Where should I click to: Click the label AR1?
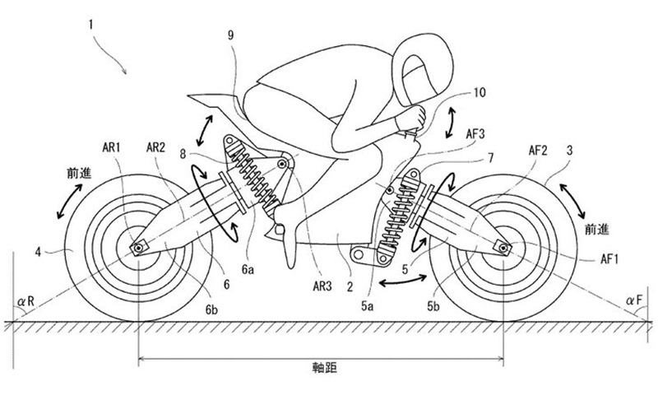point(111,147)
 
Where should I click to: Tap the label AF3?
point(475,134)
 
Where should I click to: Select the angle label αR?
point(26,300)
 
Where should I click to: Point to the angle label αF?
point(633,300)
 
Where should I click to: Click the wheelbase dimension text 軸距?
point(325,368)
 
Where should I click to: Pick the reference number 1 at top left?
point(90,25)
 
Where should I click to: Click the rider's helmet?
point(423,71)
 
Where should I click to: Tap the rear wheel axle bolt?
point(137,248)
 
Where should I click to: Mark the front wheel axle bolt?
point(503,248)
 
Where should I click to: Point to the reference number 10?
point(480,92)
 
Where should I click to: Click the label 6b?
point(211,309)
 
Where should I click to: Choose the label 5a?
point(367,306)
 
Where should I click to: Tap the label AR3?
point(322,286)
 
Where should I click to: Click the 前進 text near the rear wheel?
point(79,173)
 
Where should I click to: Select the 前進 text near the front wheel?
point(597,230)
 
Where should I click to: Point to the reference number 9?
point(231,35)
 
